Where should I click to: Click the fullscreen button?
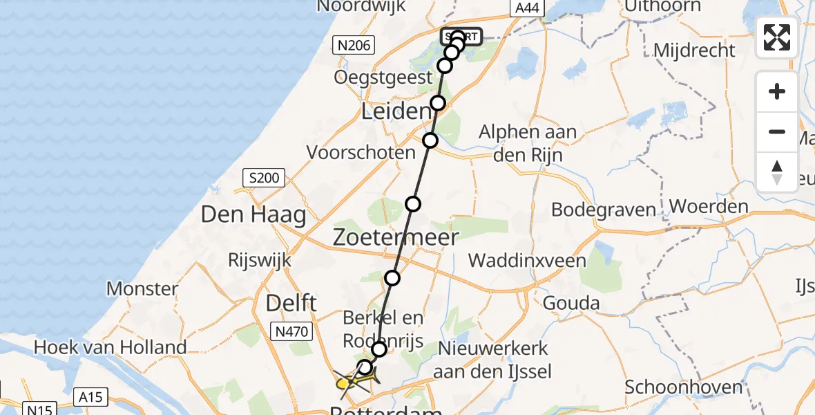(777, 37)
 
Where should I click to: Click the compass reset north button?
(777, 172)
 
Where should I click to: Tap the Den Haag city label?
(253, 215)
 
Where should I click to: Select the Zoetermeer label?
(396, 238)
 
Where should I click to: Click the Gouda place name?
(570, 303)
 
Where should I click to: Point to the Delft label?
(292, 302)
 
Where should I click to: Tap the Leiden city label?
(396, 112)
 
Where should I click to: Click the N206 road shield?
(353, 46)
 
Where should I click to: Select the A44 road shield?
(529, 8)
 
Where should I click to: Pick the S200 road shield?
(263, 178)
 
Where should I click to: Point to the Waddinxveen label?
(527, 261)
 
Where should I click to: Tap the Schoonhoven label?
(684, 387)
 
